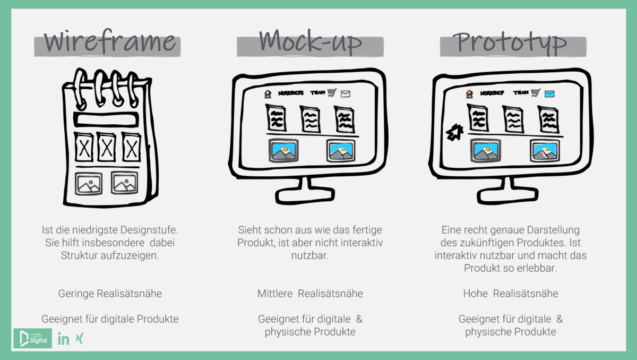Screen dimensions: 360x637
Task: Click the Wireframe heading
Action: click(109, 42)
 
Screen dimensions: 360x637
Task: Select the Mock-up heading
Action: click(311, 42)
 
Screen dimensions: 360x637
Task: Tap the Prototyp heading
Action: click(512, 42)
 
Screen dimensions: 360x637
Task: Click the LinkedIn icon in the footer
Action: click(63, 339)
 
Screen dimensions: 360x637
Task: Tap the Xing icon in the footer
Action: click(80, 338)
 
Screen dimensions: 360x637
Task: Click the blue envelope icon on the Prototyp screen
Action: click(549, 94)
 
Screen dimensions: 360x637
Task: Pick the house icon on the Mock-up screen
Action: click(268, 94)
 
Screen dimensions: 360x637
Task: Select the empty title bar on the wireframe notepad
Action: click(106, 119)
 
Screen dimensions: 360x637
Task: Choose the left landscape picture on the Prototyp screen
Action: click(486, 151)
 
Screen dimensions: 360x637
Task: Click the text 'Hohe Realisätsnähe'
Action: click(510, 294)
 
